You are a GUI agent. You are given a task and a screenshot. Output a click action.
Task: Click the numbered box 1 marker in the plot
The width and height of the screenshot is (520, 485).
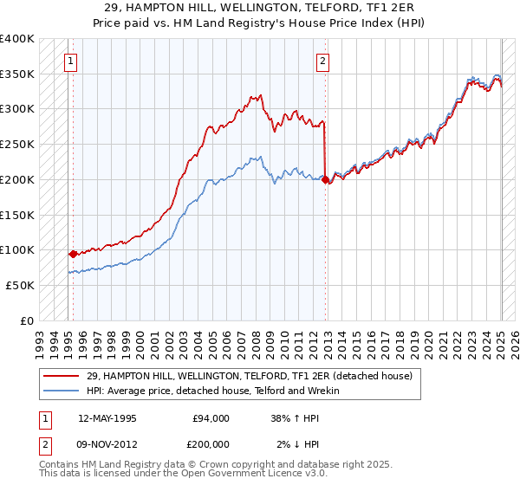69,61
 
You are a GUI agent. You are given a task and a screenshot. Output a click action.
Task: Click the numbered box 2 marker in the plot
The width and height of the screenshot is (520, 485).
322,61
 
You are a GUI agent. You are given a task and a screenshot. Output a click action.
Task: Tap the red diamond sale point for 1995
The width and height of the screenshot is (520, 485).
73,255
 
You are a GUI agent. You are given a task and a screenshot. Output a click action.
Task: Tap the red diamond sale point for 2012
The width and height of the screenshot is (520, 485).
325,180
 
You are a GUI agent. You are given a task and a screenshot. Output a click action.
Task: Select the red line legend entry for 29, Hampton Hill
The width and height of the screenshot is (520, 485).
254,376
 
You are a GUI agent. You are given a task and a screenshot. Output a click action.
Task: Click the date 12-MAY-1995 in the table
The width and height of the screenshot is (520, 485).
107,418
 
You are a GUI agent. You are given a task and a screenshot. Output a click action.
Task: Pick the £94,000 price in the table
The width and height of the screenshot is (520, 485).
211,418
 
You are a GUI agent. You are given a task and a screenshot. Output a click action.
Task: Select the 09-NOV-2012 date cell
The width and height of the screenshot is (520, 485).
107,444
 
